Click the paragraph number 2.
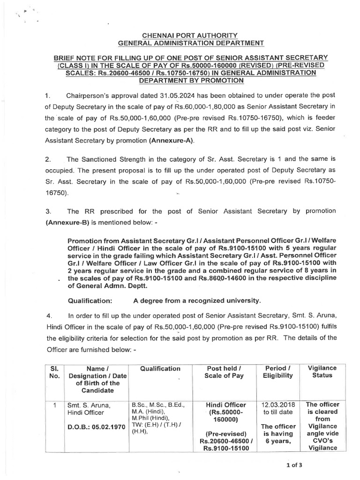tap(48, 159)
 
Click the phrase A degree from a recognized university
tap(196, 300)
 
